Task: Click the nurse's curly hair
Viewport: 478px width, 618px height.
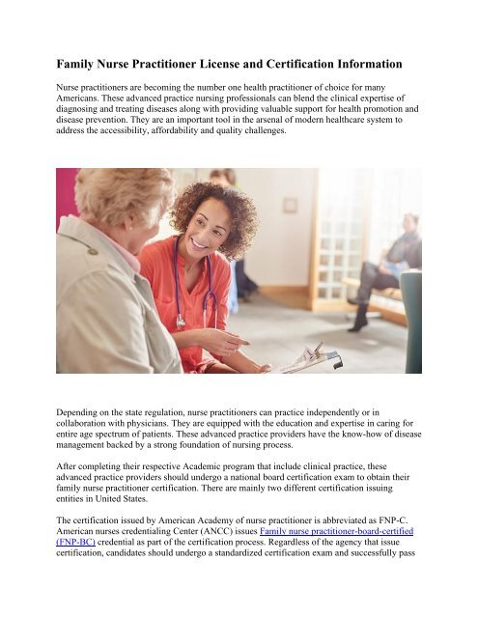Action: pyautogui.click(x=203, y=208)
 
